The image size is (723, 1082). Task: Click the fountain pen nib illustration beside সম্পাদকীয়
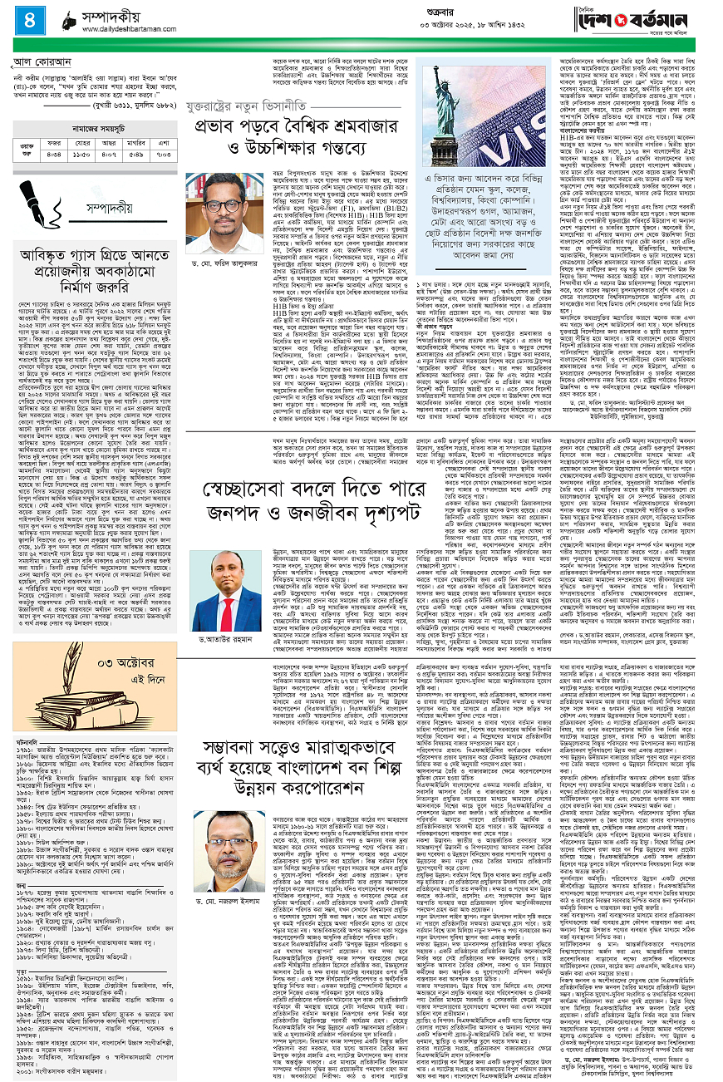click(27, 202)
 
